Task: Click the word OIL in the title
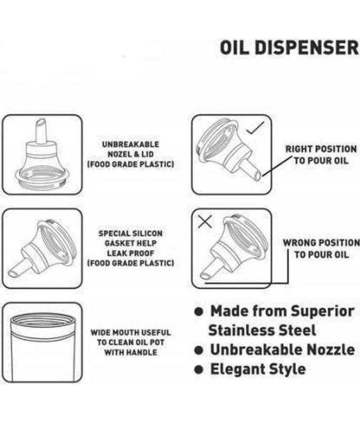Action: (233, 47)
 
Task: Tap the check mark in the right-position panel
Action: (256, 128)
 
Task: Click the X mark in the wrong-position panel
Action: (205, 221)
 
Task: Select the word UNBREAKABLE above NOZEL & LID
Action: (130, 144)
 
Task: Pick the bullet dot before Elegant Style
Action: (199, 370)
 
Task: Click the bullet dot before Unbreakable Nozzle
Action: (199, 350)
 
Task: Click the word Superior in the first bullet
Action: (323, 312)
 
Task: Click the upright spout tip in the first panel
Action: (41, 123)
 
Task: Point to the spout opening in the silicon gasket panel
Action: (12, 274)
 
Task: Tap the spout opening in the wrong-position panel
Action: (205, 275)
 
